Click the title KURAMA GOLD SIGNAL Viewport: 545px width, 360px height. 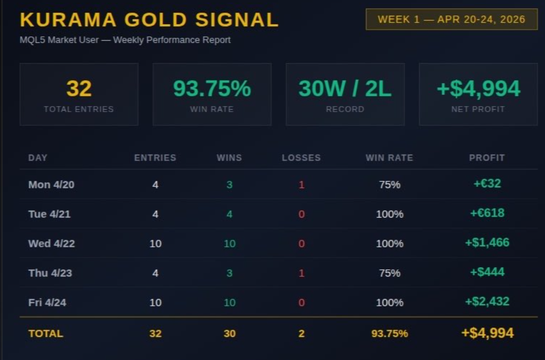tap(149, 20)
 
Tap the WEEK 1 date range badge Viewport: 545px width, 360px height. tap(451, 19)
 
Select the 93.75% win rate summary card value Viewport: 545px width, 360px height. tap(212, 88)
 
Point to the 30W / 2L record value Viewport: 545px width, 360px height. tap(345, 88)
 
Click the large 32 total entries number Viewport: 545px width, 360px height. tap(79, 88)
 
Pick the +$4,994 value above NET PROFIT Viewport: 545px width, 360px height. tap(478, 88)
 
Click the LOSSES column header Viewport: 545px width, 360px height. tap(301, 158)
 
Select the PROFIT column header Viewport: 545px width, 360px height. tap(487, 158)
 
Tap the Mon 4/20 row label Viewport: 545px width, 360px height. tap(51, 185)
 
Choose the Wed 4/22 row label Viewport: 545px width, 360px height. tap(51, 243)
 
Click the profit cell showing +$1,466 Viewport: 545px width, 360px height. tap(487, 242)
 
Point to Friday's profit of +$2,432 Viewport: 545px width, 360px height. tap(487, 301)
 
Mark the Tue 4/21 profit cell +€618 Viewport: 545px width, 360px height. tap(487, 213)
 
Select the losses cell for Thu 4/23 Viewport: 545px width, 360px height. tap(301, 273)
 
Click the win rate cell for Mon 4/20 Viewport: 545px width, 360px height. tap(389, 185)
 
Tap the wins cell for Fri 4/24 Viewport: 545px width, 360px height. tap(229, 302)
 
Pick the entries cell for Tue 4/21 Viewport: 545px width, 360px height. tap(155, 214)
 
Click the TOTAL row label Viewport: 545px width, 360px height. tap(46, 334)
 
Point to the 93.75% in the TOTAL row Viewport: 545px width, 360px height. tap(389, 334)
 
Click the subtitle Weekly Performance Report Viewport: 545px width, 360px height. tap(172, 40)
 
